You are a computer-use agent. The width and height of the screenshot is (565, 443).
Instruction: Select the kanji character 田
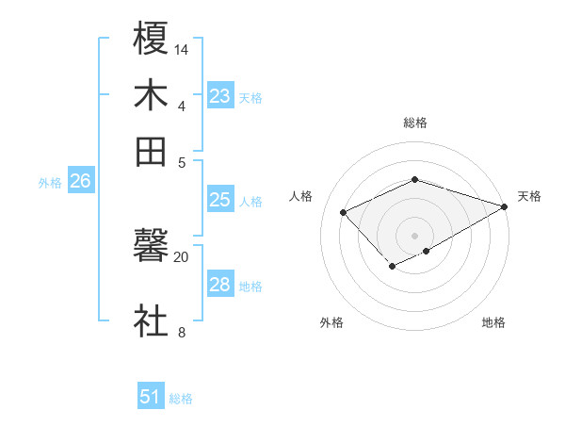tap(152, 151)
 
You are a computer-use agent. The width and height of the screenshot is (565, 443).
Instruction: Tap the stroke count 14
tap(182, 48)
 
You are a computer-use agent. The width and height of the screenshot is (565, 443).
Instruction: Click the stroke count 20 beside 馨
tap(182, 256)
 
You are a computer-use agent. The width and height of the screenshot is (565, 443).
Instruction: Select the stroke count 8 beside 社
tap(182, 332)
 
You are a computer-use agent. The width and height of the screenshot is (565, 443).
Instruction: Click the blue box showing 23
tap(220, 96)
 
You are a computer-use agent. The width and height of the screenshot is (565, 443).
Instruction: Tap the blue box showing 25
tap(220, 200)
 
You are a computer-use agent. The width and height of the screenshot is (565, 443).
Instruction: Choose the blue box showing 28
tap(220, 285)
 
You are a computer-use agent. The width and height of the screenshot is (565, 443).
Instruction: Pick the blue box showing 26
tap(80, 182)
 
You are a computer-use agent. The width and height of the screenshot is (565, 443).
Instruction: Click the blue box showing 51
tap(151, 398)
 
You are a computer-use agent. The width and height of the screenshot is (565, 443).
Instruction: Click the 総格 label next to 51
tap(181, 399)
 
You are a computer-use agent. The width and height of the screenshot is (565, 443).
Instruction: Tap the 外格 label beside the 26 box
tap(50, 183)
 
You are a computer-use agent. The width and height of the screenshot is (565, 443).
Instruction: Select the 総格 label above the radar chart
tap(414, 123)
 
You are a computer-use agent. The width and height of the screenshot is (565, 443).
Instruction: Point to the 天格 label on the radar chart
tap(529, 196)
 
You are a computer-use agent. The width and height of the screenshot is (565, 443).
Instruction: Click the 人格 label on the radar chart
tap(301, 196)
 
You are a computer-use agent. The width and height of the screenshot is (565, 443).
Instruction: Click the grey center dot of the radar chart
tap(414, 236)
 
